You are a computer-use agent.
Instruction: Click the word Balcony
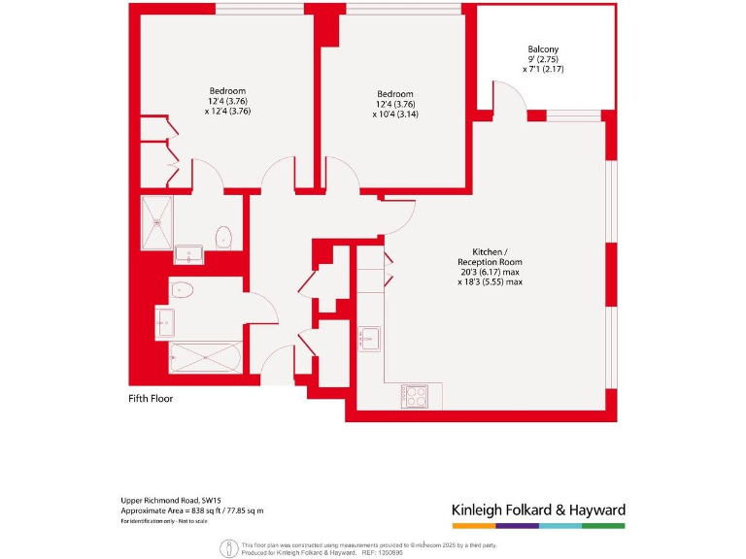pyautogui.click(x=543, y=49)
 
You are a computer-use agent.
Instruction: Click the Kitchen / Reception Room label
pyautogui.click(x=490, y=256)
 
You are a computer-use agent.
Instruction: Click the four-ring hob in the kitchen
pyautogui.click(x=415, y=396)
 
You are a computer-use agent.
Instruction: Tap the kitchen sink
pyautogui.click(x=370, y=339)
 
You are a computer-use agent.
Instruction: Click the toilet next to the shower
pyautogui.click(x=224, y=236)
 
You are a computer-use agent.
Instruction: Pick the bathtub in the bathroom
pyautogui.click(x=205, y=356)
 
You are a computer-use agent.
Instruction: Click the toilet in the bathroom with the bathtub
pyautogui.click(x=182, y=289)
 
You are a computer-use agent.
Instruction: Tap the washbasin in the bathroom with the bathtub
pyautogui.click(x=164, y=320)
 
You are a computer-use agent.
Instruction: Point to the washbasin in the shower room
pyautogui.click(x=188, y=255)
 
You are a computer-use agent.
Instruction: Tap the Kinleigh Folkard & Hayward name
pyautogui.click(x=539, y=510)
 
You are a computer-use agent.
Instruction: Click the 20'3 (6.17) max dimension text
pyautogui.click(x=490, y=273)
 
